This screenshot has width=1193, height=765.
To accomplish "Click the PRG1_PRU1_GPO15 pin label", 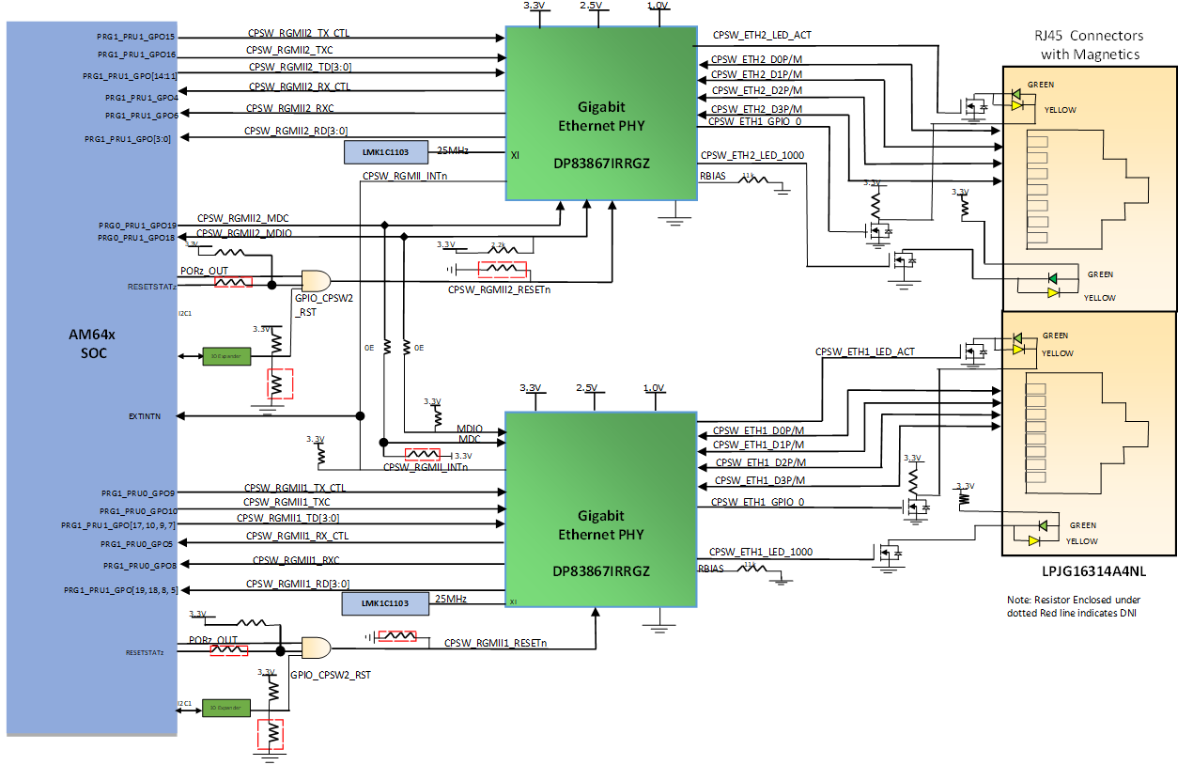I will point(136,37).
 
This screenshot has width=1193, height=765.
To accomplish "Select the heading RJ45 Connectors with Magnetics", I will point(1090,45).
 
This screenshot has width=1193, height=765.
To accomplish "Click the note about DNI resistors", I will point(1075,606).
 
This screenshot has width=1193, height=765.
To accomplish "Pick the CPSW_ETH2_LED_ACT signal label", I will point(762,35).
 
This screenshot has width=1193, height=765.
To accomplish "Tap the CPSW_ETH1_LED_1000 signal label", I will point(761,552).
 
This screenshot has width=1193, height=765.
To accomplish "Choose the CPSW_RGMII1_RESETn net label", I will point(495,643).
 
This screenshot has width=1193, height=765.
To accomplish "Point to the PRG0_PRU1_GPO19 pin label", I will point(136,226).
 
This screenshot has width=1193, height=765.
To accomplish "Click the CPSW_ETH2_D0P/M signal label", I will point(757,58).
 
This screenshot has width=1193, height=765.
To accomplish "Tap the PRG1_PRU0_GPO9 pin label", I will point(139,492).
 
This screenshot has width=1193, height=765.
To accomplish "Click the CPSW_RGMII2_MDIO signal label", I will point(243,233).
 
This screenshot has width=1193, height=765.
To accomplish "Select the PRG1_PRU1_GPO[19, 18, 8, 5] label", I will point(120,589).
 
